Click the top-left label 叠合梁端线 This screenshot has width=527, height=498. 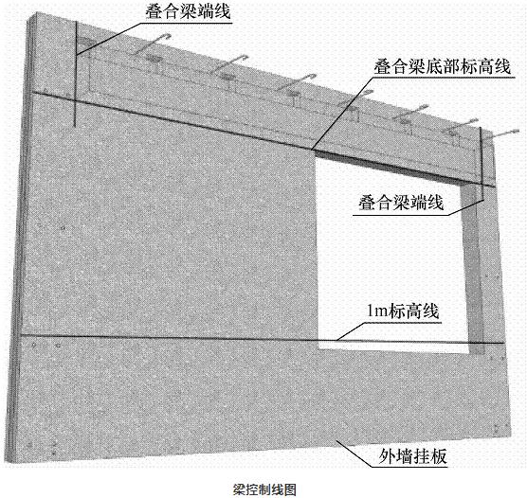click(188, 11)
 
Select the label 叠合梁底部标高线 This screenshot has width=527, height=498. click(443, 66)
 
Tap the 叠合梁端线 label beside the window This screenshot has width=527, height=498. click(401, 203)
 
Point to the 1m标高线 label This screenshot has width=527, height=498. click(403, 311)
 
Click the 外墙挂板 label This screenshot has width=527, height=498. click(412, 456)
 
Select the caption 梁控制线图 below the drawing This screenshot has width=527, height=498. click(264, 489)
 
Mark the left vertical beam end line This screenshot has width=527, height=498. click(75, 74)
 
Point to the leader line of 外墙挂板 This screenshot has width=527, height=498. click(354, 453)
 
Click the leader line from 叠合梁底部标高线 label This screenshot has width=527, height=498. click(342, 113)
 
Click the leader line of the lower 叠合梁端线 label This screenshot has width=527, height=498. click(465, 206)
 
